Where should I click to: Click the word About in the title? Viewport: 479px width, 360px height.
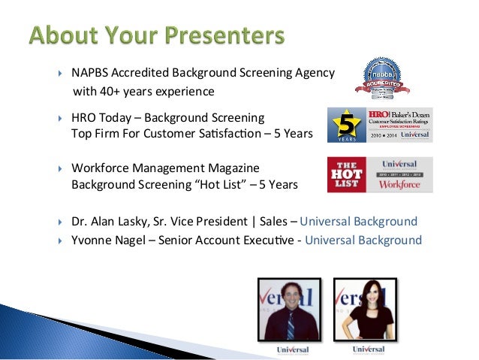coord(66,36)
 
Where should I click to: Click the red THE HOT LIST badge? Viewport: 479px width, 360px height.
coord(346,175)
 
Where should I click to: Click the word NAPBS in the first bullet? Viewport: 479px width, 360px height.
coord(91,74)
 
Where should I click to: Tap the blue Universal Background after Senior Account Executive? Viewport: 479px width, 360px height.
coord(363,241)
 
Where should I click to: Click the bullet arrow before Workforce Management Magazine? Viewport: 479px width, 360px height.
coord(61,168)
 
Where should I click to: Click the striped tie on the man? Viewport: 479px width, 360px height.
coord(291,325)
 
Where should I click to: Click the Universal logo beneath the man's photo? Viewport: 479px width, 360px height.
coord(289,350)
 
